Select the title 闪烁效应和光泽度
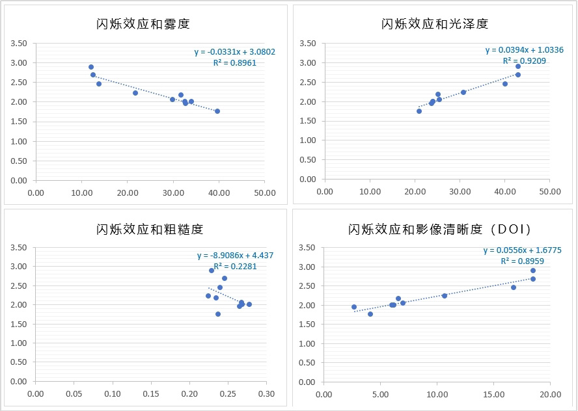pos(435,25)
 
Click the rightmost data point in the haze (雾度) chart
pos(217,111)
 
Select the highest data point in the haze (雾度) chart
pos(91,67)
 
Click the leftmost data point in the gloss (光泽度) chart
pos(419,111)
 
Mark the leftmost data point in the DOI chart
pos(354,307)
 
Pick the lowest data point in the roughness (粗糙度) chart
pos(218,314)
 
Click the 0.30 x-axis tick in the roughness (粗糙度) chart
pos(266,394)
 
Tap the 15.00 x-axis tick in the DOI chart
pos(494,395)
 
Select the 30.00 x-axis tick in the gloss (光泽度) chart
pos(460,192)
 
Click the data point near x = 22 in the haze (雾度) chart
pos(135,93)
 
